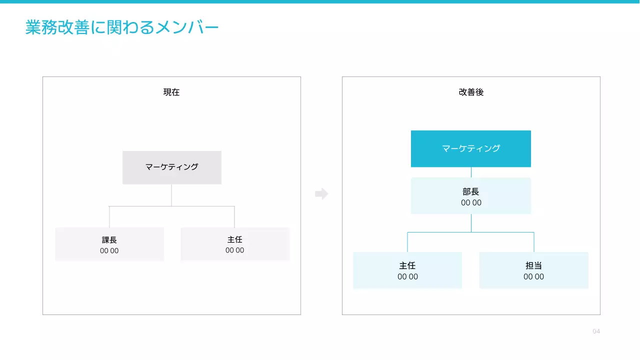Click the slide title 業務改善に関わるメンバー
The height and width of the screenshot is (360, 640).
[122, 28]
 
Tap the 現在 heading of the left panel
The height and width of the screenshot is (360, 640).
[171, 92]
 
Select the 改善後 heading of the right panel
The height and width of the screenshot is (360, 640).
[471, 92]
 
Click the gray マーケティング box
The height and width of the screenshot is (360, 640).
[171, 167]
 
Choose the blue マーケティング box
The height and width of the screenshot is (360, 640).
[471, 148]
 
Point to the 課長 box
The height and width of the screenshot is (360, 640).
[109, 244]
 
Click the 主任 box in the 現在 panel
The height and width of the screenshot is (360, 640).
[235, 244]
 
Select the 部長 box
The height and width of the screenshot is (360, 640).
[471, 196]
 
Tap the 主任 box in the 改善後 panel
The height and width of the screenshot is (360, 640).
[407, 270]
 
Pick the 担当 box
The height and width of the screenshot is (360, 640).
[534, 270]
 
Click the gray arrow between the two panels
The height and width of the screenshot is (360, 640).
[321, 194]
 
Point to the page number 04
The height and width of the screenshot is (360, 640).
[596, 331]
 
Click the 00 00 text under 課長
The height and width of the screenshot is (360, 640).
[109, 251]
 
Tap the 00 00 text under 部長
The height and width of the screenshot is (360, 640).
[471, 203]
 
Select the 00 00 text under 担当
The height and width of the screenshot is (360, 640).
[534, 277]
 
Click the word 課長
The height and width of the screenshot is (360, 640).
[109, 240]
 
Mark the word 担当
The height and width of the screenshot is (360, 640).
[534, 266]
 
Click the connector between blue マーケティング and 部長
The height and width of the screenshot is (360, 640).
[471, 172]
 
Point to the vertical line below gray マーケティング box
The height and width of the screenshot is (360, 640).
[171, 195]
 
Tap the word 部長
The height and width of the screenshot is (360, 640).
[471, 192]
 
